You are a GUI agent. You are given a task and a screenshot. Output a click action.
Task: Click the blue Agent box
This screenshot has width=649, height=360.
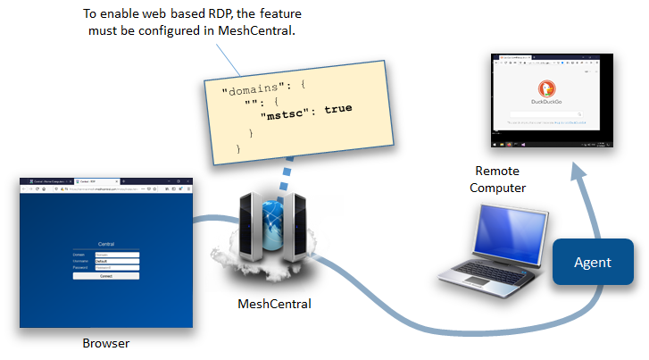(593, 262)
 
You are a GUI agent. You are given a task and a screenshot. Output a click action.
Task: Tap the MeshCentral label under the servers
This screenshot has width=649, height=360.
(274, 304)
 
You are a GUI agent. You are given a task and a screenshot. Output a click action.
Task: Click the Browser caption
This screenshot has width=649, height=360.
(105, 343)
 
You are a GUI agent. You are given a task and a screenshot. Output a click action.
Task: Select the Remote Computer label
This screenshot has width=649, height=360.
(500, 179)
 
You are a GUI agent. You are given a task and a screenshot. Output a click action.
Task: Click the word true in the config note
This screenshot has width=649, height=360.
(337, 109)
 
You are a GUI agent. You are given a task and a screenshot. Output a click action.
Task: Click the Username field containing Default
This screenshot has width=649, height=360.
(117, 260)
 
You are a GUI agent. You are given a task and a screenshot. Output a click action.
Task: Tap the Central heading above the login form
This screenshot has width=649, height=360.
(106, 244)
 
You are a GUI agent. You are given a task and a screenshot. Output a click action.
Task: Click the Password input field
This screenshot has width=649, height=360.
(117, 267)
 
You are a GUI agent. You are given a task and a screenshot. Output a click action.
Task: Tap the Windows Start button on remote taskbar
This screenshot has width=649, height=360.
(494, 144)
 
